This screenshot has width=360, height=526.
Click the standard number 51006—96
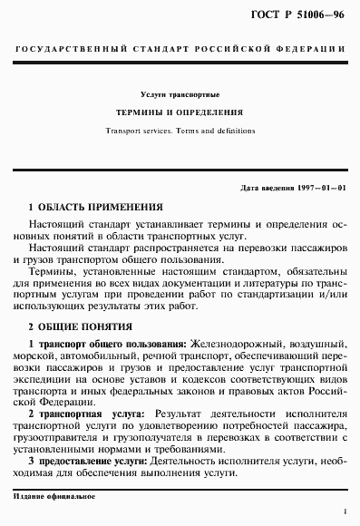click(x=319, y=15)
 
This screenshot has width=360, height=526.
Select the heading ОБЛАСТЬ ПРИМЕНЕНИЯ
click(x=101, y=208)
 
